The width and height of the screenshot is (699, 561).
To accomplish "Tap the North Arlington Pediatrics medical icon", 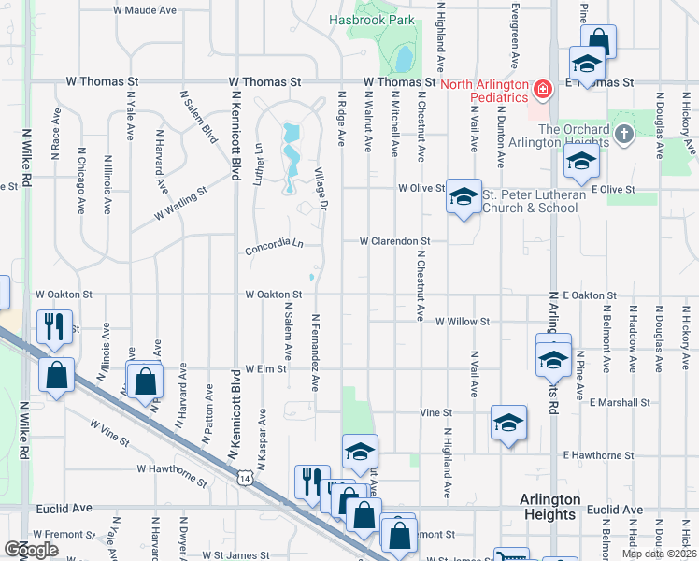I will point(541,90).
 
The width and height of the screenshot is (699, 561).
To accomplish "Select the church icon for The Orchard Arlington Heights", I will point(624,135).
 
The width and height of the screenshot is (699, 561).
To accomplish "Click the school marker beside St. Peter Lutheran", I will point(463,196).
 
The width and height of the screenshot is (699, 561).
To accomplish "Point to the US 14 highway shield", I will point(244,479).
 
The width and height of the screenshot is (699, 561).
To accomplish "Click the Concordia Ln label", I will point(275,250).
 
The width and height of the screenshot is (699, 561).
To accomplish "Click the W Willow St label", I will point(463,322).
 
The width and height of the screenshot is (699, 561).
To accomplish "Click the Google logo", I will point(31,549).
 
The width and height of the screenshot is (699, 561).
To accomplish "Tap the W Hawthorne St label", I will point(172,475).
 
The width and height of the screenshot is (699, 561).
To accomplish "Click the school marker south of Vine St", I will point(508,423).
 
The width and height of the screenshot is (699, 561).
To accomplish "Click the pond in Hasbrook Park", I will point(403,59).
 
